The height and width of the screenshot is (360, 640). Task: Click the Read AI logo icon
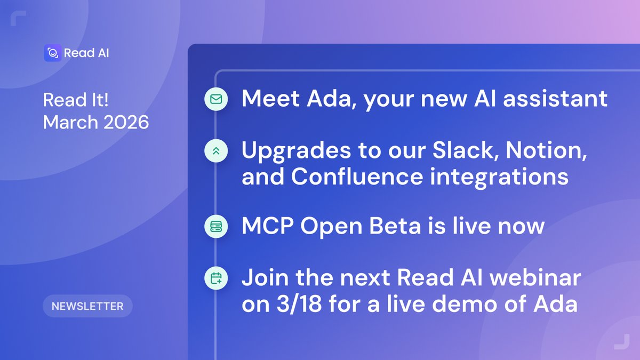click(52, 53)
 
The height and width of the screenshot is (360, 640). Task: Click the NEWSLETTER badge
click(87, 306)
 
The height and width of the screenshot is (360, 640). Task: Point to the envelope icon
click(216, 99)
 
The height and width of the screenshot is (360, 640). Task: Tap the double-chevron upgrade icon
click(216, 151)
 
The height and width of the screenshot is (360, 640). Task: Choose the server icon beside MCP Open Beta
click(216, 227)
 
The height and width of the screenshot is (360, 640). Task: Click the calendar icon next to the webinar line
click(216, 278)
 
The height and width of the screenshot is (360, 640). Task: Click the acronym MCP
click(267, 226)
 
